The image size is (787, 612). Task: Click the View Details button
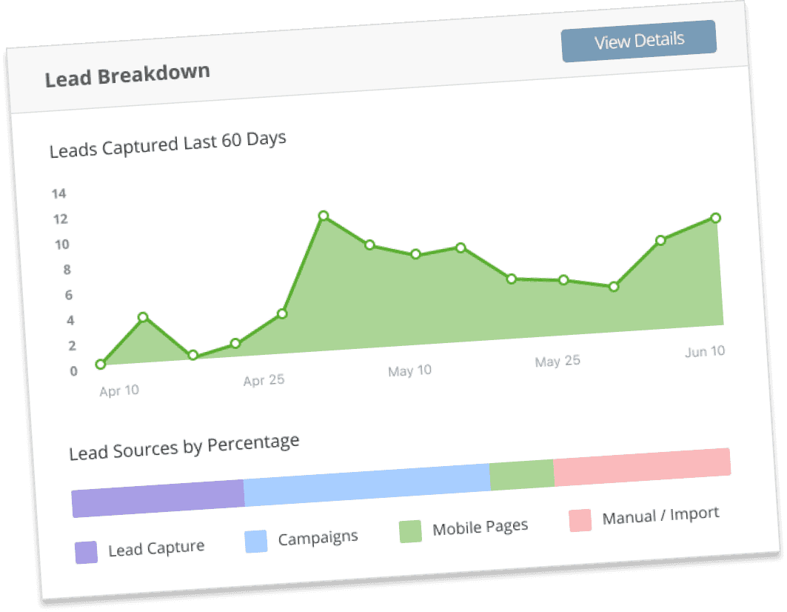coord(639,41)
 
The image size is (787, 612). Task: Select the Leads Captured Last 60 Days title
coord(167,144)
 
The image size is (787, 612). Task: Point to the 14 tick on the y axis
coord(59,194)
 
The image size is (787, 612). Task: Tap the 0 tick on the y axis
coord(73,371)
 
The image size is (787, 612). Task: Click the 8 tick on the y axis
coord(67,270)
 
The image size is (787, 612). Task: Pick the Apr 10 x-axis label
coord(119,390)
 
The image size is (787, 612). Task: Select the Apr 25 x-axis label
coord(264,381)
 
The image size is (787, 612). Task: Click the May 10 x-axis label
coord(409,370)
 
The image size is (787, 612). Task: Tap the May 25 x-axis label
coord(557,362)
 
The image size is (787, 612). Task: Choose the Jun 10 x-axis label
coord(705,352)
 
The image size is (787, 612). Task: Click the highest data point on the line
coord(323,216)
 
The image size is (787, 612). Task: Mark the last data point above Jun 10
coord(715,218)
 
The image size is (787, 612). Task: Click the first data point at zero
coord(100,364)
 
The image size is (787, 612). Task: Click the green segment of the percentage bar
coord(522,475)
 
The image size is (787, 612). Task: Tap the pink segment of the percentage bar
coord(642,467)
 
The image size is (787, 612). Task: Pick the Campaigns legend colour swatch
coord(255,542)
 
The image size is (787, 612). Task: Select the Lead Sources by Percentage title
coord(184,448)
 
